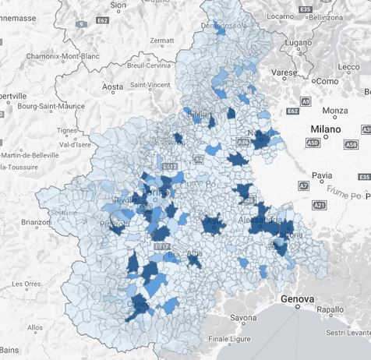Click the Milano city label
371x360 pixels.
tap(326, 129)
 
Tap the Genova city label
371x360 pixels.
tap(298, 299)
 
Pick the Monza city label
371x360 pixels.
tap(335, 111)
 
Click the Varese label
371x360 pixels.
tap(285, 72)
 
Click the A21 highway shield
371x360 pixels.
tap(319, 204)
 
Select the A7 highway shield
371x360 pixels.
tap(303, 186)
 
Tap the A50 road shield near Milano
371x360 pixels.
tap(313, 143)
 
